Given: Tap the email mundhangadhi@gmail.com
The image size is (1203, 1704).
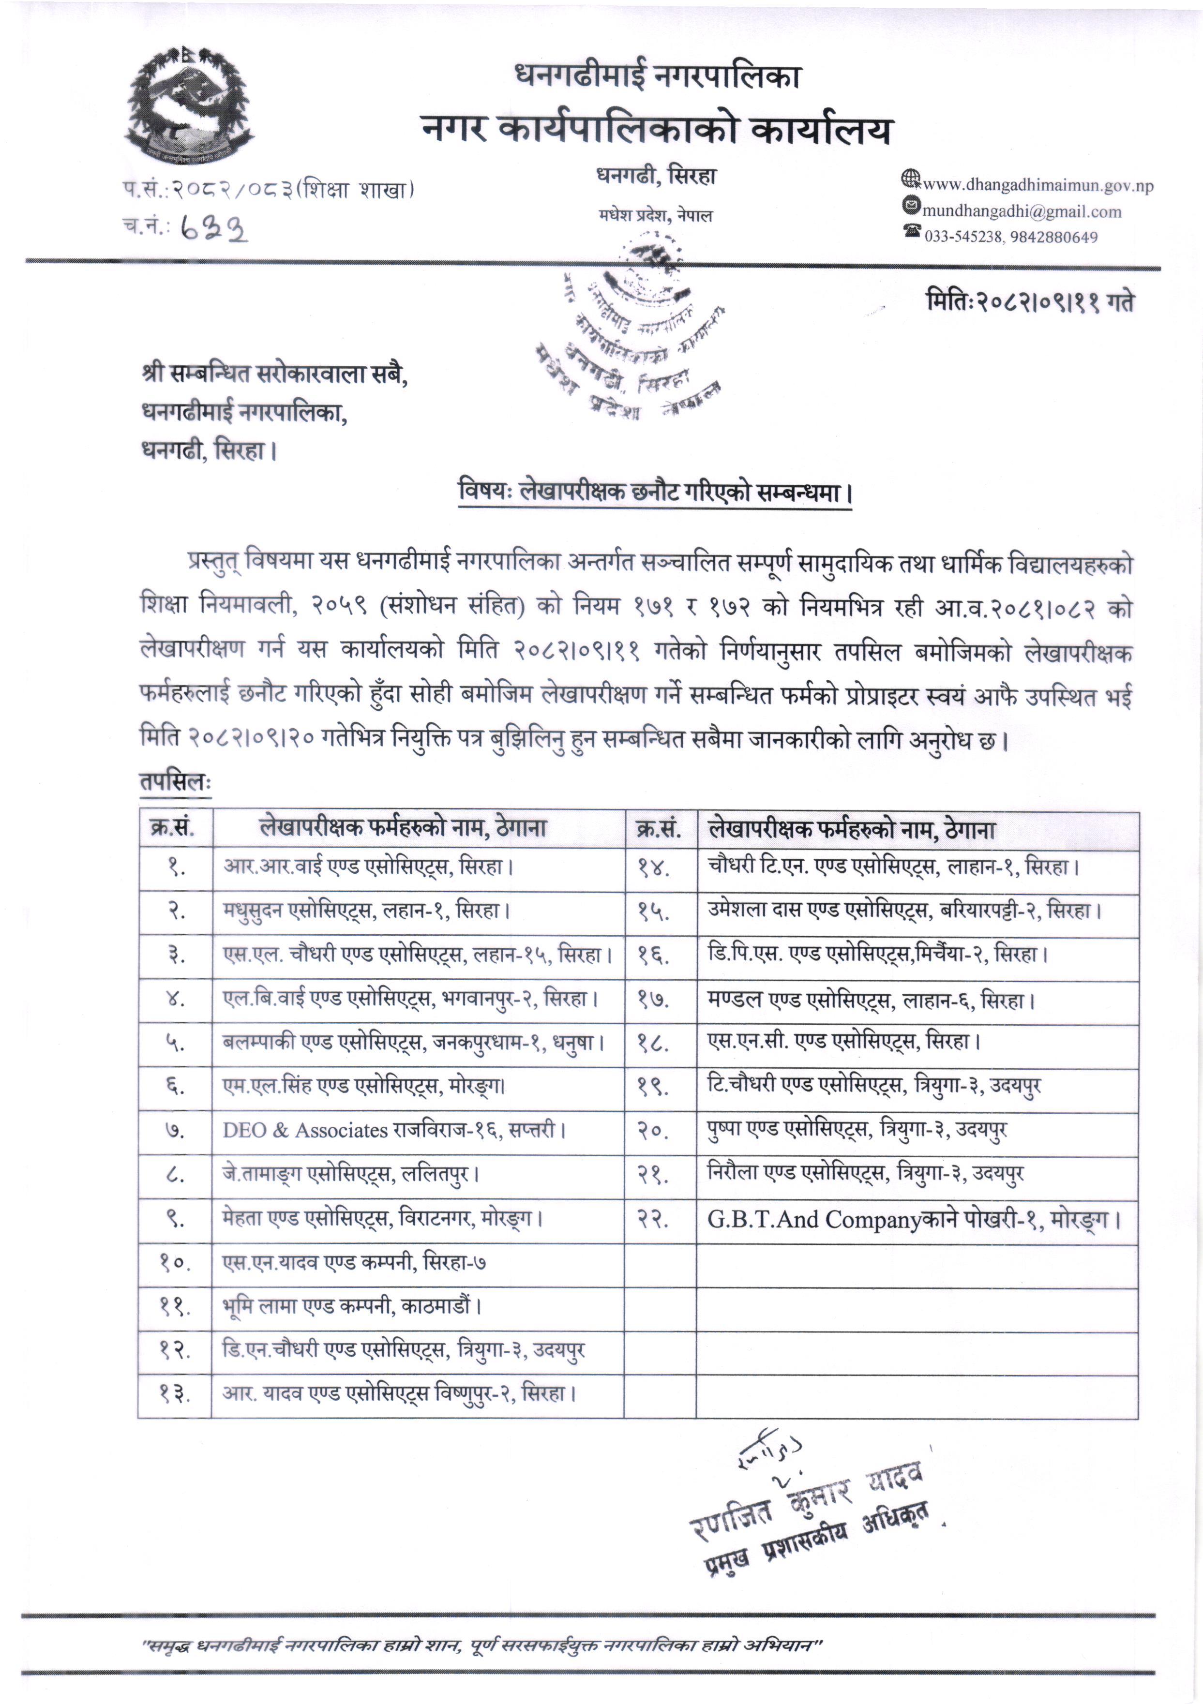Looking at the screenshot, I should tap(1021, 211).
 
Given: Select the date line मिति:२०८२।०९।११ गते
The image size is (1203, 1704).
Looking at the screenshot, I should tap(1029, 302).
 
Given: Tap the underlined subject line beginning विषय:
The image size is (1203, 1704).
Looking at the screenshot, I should tap(655, 492).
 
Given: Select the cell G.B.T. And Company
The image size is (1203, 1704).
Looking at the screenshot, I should tap(913, 1219).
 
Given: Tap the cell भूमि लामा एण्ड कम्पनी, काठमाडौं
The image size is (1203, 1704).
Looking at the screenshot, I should tap(352, 1305).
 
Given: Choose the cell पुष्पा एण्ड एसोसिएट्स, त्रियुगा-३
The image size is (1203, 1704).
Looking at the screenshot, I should tap(857, 1130).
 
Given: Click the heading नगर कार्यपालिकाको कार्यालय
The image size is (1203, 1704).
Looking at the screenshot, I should tap(656, 129).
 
